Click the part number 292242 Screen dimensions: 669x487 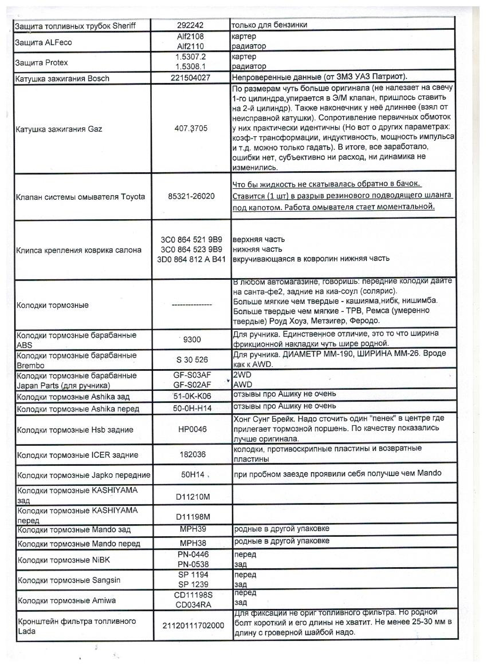click(x=191, y=26)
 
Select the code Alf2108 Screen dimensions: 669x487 click(x=191, y=37)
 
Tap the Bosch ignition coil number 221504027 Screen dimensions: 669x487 click(x=191, y=78)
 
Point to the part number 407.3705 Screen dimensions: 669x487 click(x=191, y=129)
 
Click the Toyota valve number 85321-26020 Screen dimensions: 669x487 click(x=191, y=196)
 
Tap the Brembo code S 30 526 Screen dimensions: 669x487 click(x=191, y=360)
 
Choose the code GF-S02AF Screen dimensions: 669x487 click(x=191, y=385)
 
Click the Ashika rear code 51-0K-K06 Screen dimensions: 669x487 click(x=191, y=396)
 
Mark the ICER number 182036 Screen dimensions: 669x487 click(x=191, y=455)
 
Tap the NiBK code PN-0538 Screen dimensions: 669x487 click(x=191, y=564)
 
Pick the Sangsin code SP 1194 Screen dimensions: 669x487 click(x=191, y=575)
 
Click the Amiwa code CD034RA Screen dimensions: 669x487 click(x=191, y=605)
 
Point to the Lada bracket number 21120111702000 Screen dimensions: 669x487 click(x=191, y=626)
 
